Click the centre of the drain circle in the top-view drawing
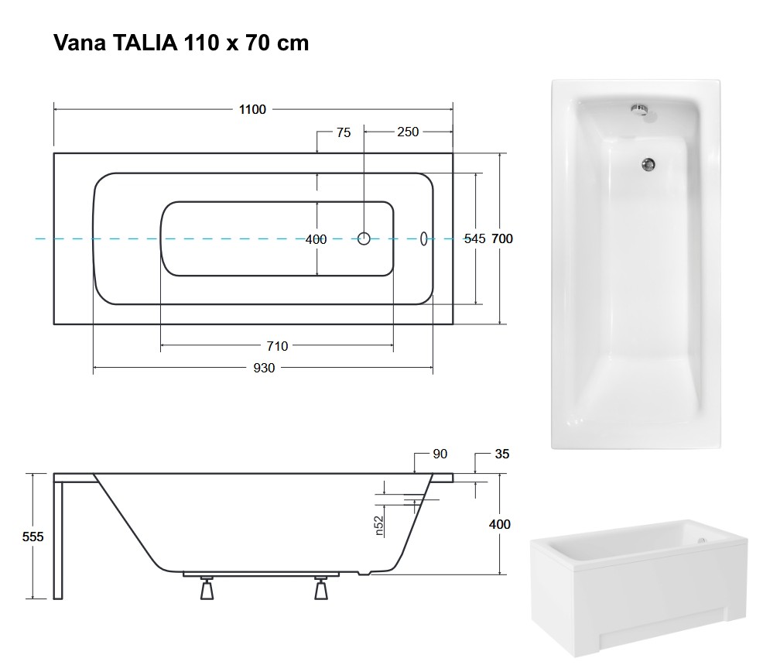click(364, 238)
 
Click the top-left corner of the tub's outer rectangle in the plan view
click(54, 153)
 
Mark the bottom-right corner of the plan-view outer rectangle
click(453, 324)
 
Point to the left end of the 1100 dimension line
click(54, 110)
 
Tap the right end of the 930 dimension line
click(433, 368)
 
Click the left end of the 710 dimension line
click(161, 346)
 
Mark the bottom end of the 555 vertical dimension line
click(33, 598)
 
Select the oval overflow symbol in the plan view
click(423, 238)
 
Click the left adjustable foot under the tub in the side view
click(207, 588)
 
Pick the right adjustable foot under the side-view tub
click(320, 588)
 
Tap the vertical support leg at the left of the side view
click(58, 540)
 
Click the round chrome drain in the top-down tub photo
click(648, 165)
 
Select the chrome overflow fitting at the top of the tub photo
click(639, 109)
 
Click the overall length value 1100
click(252, 110)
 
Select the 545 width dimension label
click(474, 238)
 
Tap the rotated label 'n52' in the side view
click(379, 526)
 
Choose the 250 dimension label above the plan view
click(408, 132)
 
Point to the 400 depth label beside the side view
click(500, 524)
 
